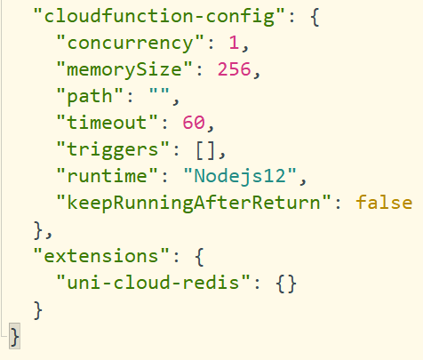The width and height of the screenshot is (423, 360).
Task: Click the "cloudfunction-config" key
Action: [x=159, y=16]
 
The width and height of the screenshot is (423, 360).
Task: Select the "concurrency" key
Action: [x=131, y=43]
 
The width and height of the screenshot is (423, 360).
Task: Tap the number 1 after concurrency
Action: [x=234, y=43]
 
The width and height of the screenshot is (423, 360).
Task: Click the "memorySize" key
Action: [x=124, y=69]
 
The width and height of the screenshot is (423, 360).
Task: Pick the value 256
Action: [x=235, y=69]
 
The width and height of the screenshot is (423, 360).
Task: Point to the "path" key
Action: [x=90, y=96]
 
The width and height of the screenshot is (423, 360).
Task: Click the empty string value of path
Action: [x=159, y=91]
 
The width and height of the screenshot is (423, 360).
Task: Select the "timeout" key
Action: [x=107, y=123]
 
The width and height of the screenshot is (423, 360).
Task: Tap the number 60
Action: [x=194, y=123]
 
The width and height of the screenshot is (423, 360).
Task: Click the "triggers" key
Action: [x=113, y=149]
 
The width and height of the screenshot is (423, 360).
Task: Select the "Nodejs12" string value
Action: [x=240, y=176]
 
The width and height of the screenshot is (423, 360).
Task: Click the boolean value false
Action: [x=384, y=203]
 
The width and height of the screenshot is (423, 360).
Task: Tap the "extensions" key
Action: [x=101, y=256]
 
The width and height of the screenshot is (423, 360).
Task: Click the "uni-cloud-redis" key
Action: [x=154, y=283]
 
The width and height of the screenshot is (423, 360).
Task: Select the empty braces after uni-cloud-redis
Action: [x=286, y=284]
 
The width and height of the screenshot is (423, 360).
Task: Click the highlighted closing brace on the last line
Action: [x=14, y=336]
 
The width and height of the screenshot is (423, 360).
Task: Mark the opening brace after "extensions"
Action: [x=199, y=257]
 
